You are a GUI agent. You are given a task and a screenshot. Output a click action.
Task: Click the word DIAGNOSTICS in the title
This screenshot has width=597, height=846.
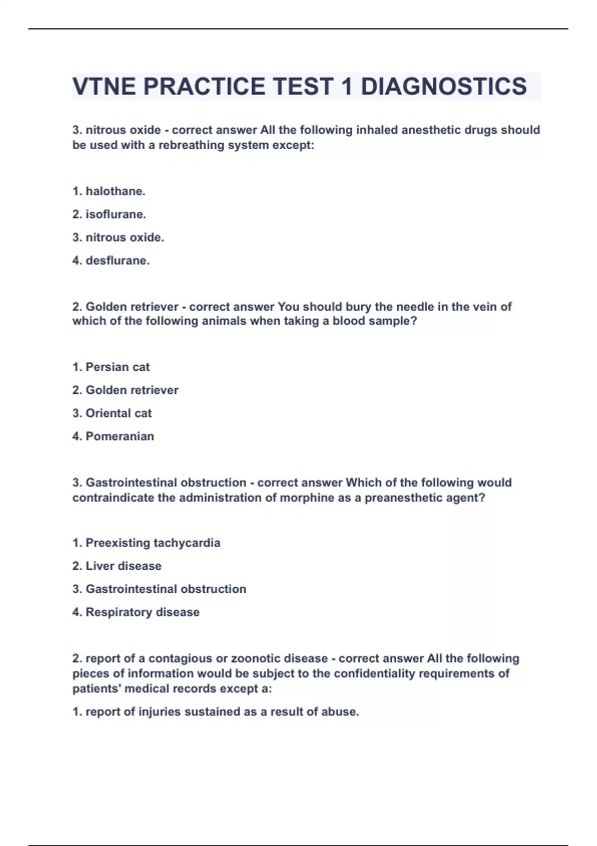(443, 87)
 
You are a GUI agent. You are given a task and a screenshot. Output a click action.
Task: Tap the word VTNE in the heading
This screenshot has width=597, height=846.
(104, 87)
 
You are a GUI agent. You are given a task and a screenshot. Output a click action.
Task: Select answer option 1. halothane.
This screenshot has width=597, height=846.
(109, 191)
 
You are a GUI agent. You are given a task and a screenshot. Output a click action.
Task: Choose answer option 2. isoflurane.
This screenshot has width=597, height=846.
(109, 214)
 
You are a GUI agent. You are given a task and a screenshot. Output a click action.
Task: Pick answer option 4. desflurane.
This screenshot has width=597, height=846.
(111, 261)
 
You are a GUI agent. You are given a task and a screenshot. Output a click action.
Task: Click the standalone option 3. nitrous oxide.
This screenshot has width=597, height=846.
(118, 238)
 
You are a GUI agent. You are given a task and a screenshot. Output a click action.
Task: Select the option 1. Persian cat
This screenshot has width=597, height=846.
(111, 367)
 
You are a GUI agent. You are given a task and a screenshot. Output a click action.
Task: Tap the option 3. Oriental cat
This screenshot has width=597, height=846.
(112, 414)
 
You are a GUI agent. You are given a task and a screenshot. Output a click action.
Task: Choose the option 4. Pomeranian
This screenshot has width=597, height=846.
(113, 436)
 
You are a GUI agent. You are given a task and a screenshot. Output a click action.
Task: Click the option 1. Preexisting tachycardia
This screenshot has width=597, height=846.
(146, 543)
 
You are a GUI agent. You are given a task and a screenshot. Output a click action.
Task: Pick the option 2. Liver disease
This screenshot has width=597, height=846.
(117, 566)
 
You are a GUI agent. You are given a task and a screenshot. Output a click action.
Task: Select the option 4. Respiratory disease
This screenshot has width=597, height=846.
(136, 612)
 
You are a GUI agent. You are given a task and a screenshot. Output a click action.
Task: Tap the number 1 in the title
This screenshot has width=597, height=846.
(347, 87)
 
